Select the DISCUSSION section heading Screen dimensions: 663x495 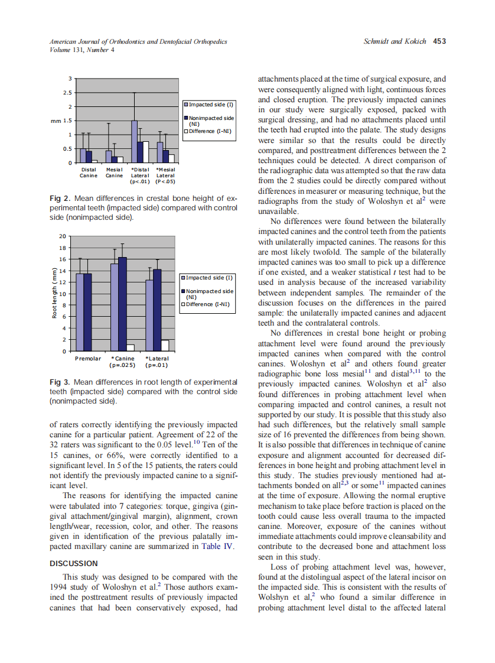tap(74, 563)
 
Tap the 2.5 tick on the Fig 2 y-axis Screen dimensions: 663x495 tap(68, 93)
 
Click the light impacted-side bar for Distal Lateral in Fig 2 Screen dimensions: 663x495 tap(135, 142)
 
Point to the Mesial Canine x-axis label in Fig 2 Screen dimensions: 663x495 tap(114, 172)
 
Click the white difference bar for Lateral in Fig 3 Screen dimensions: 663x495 tap(165, 346)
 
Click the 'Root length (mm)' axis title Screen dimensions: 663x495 tap(54, 294)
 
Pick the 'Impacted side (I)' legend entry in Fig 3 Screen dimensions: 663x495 tap(210, 277)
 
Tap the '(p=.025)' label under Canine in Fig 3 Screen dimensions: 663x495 tap(123, 365)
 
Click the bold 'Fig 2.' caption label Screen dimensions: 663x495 tap(60, 199)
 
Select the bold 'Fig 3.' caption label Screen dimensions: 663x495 tap(60, 382)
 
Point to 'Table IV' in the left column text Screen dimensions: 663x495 tap(218, 547)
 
